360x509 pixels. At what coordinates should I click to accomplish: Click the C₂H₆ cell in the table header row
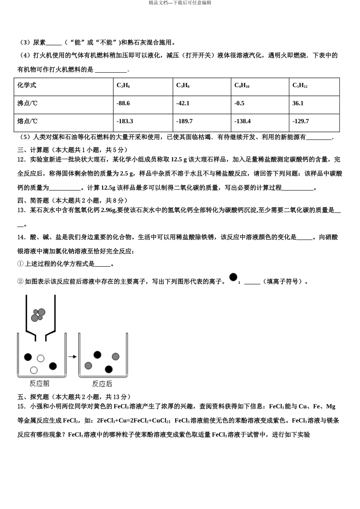coord(123,86)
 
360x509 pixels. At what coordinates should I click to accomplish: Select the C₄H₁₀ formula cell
coord(242,86)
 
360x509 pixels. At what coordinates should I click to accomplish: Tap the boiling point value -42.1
coord(183,103)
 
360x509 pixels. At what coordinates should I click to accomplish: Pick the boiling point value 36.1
coord(298,103)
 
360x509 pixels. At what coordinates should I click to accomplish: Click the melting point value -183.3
coord(125,121)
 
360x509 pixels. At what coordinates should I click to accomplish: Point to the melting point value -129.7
coord(301,121)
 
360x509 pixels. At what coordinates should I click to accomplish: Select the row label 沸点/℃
coord(28,103)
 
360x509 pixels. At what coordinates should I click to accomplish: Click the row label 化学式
coord(27,86)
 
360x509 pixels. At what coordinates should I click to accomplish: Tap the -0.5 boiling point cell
coord(239,103)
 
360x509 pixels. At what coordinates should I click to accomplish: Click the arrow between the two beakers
coord(72,356)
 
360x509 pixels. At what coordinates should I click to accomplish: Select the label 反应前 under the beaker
coord(39,384)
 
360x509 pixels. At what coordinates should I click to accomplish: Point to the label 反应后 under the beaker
coord(102,384)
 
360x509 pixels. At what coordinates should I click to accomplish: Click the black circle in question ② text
coord(233,277)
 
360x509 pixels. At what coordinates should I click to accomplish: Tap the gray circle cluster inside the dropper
coord(38,315)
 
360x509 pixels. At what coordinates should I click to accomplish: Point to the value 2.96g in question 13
coord(109,210)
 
